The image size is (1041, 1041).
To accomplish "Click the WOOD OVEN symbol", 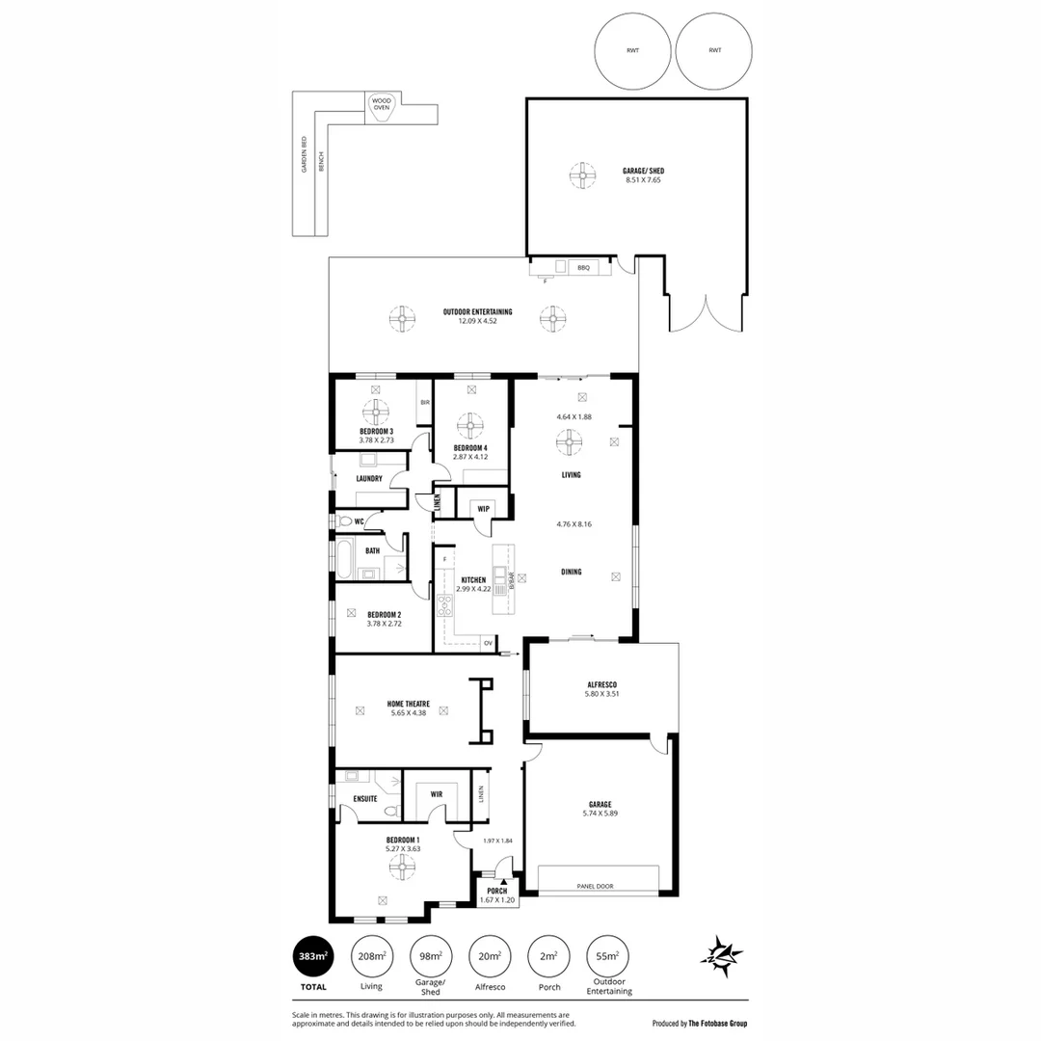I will (x=382, y=104).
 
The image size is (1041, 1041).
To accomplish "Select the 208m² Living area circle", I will (x=371, y=956).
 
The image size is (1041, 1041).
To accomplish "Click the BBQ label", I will (x=583, y=267).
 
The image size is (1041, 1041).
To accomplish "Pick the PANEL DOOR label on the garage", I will (x=596, y=887).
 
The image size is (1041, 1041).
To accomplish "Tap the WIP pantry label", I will (x=483, y=508).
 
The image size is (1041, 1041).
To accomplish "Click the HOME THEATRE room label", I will (x=408, y=705).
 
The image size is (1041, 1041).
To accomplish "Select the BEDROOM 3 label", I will (x=377, y=431).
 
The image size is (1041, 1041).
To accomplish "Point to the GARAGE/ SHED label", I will (x=643, y=172).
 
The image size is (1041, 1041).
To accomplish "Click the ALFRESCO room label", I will (x=601, y=684).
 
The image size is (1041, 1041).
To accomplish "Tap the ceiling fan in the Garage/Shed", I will (x=582, y=175).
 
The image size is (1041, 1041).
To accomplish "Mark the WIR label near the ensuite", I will (x=436, y=794).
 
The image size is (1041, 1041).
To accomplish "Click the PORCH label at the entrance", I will (x=497, y=891).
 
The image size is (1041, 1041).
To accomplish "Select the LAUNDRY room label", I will (x=369, y=478).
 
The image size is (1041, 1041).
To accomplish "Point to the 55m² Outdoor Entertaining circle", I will (x=608, y=956).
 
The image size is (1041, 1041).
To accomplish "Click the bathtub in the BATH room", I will (x=344, y=557).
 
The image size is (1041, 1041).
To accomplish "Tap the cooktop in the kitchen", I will (x=445, y=606).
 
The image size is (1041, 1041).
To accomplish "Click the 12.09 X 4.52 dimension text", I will (x=477, y=321).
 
